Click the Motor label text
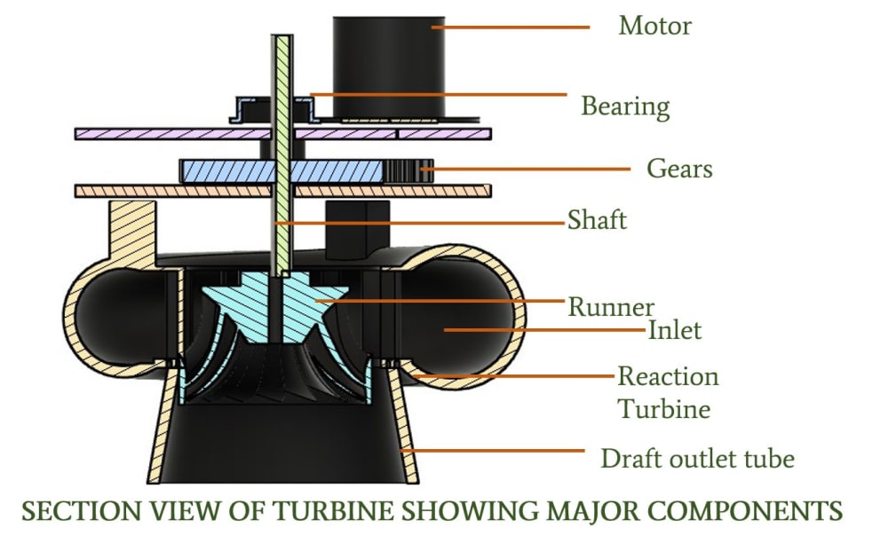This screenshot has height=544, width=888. (x=654, y=25)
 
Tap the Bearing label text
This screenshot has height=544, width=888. (x=625, y=106)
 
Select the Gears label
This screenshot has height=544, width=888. (x=679, y=168)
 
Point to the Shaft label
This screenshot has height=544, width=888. (x=597, y=219)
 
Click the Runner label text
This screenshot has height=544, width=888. (x=611, y=307)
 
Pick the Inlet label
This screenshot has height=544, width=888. (x=675, y=331)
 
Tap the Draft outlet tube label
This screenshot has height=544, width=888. (x=697, y=459)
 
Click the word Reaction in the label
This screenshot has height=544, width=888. (x=668, y=376)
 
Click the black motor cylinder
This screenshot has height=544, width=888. (x=388, y=67)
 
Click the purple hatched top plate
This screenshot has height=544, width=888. (x=178, y=134)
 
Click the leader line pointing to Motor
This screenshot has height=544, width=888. (x=511, y=28)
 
